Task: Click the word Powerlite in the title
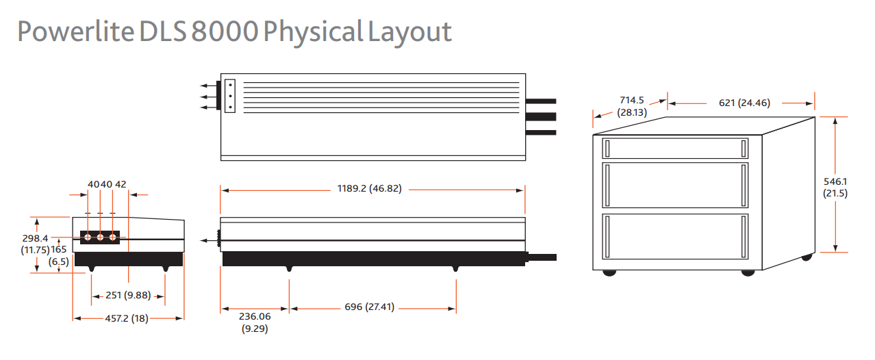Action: coord(75,32)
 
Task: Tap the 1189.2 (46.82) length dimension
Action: coord(369,189)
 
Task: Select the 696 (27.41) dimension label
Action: coord(370,307)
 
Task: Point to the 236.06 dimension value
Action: coord(254,317)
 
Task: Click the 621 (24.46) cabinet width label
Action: coord(744,103)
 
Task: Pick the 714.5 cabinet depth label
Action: coord(632,100)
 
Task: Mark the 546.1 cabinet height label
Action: coord(835,181)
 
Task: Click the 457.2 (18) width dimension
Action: coord(129,318)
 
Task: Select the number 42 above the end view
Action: coord(121,184)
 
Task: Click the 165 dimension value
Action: coord(59,250)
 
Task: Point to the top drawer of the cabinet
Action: coord(675,148)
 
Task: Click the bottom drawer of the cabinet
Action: coord(675,236)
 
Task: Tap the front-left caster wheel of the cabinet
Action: coord(609,272)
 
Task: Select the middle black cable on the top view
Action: coord(541,116)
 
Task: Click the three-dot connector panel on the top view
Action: coord(229,97)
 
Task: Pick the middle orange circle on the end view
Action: coord(100,237)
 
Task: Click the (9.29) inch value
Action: coord(254,329)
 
